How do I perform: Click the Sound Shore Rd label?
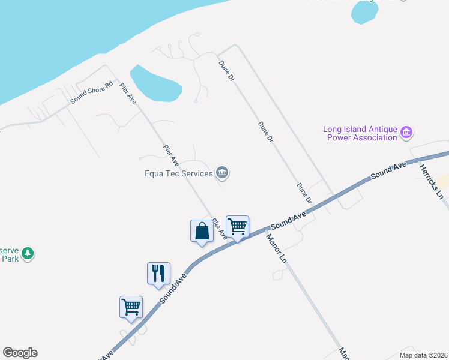(92, 93)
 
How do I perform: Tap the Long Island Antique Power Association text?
(360, 133)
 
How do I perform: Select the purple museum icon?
(406, 132)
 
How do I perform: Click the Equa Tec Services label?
(179, 174)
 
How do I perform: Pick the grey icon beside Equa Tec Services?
(223, 173)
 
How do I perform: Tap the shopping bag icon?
(202, 231)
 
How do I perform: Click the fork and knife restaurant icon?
(158, 273)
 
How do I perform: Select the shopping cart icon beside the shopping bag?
(237, 227)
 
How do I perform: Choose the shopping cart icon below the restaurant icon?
(131, 307)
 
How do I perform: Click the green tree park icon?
(28, 254)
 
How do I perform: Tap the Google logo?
(20, 353)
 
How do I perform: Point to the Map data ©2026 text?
(423, 355)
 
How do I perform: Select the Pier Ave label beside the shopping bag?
(220, 229)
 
